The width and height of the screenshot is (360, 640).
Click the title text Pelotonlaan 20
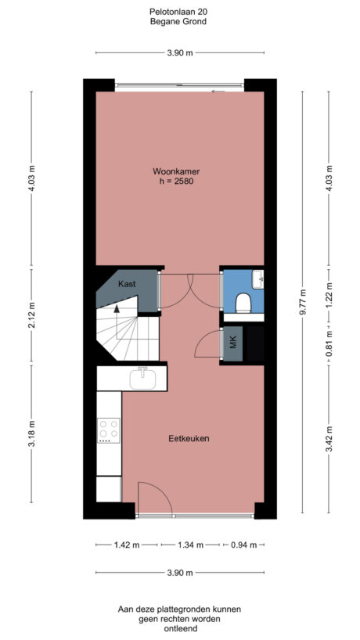pyautogui.click(x=179, y=12)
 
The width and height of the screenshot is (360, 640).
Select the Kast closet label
pyautogui.click(x=127, y=285)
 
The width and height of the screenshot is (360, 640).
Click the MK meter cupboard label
pyautogui.click(x=232, y=343)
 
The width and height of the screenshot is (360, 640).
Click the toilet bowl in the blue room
pyautogui.click(x=243, y=302)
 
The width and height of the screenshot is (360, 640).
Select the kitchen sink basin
pyautogui.click(x=143, y=379)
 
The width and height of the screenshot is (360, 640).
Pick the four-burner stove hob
pyautogui.click(x=108, y=430)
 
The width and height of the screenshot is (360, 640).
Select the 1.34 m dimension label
pyautogui.click(x=189, y=545)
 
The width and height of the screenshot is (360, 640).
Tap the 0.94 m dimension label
pyautogui.click(x=243, y=545)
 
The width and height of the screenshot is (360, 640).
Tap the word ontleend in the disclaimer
pyautogui.click(x=179, y=628)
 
